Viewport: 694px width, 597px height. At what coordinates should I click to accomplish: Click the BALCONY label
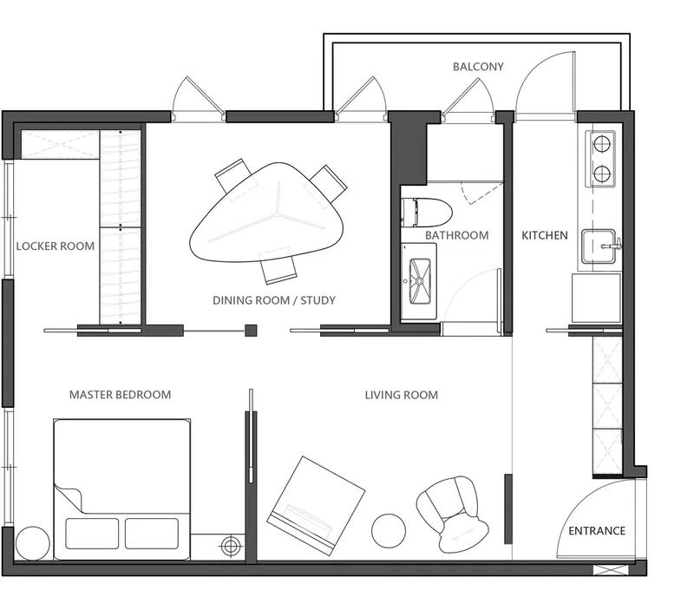click(478, 67)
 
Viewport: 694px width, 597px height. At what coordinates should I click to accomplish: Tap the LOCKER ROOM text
click(56, 246)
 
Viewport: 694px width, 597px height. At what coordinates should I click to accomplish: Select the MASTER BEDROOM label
click(120, 395)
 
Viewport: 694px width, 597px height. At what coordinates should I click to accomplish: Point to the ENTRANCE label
click(597, 530)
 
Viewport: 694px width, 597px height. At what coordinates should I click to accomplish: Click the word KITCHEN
click(545, 235)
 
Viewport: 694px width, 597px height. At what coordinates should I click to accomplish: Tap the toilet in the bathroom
click(426, 212)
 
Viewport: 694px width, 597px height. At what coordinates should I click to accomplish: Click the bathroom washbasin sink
click(420, 281)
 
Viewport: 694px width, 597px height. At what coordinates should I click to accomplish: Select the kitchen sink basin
click(598, 246)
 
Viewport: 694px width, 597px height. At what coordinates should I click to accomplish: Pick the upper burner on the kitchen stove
click(601, 144)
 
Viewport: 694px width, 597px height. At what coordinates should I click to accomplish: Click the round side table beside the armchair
click(389, 530)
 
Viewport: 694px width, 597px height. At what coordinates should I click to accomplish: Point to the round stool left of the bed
click(32, 543)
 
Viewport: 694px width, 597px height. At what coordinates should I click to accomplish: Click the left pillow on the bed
click(92, 534)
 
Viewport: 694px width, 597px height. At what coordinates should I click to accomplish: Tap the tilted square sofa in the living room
click(316, 505)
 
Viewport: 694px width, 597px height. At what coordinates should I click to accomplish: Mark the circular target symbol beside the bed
click(231, 545)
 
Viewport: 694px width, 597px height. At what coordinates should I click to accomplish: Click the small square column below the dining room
click(251, 331)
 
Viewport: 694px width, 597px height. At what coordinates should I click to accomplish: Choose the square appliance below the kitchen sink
click(596, 298)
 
